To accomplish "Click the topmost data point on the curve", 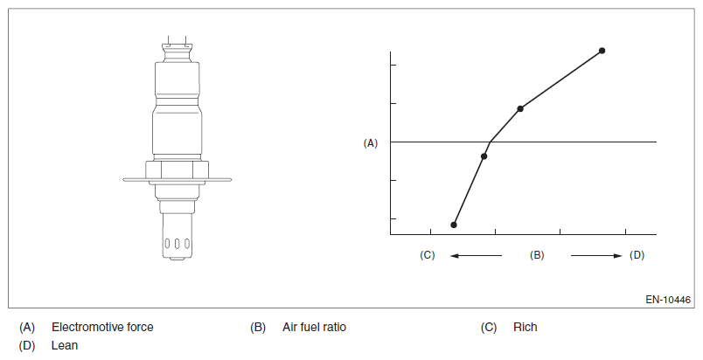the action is pyautogui.click(x=602, y=51).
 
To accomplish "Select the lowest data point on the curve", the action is pyautogui.click(x=454, y=225).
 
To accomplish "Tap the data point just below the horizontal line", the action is pyautogui.click(x=484, y=156).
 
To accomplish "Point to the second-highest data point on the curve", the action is pyautogui.click(x=520, y=108).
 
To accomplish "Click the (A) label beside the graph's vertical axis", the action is pyautogui.click(x=371, y=143).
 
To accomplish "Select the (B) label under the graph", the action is pyautogui.click(x=537, y=255).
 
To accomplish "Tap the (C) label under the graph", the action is pyautogui.click(x=428, y=255).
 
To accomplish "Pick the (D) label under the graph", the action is pyautogui.click(x=637, y=255).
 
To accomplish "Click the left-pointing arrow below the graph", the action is pyautogui.click(x=477, y=256).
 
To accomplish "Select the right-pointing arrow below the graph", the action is pyautogui.click(x=596, y=256).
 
